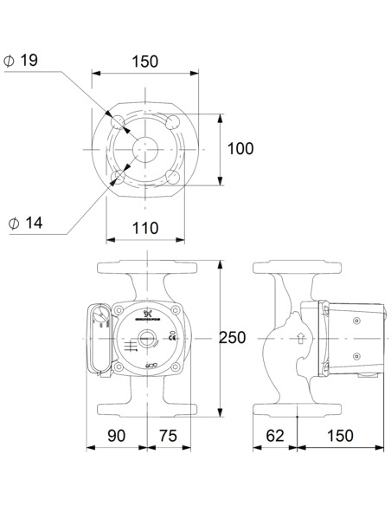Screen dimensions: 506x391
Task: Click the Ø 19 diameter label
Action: click(22, 61)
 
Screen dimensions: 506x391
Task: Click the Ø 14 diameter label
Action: click(26, 223)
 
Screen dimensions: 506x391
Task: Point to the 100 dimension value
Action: click(240, 148)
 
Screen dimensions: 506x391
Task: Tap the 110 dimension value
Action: click(145, 228)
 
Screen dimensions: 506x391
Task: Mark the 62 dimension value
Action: click(275, 435)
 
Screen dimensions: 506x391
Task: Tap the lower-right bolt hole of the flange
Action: click(173, 177)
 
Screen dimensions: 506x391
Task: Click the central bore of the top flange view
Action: click(145, 148)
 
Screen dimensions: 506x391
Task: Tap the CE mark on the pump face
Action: click(173, 338)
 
